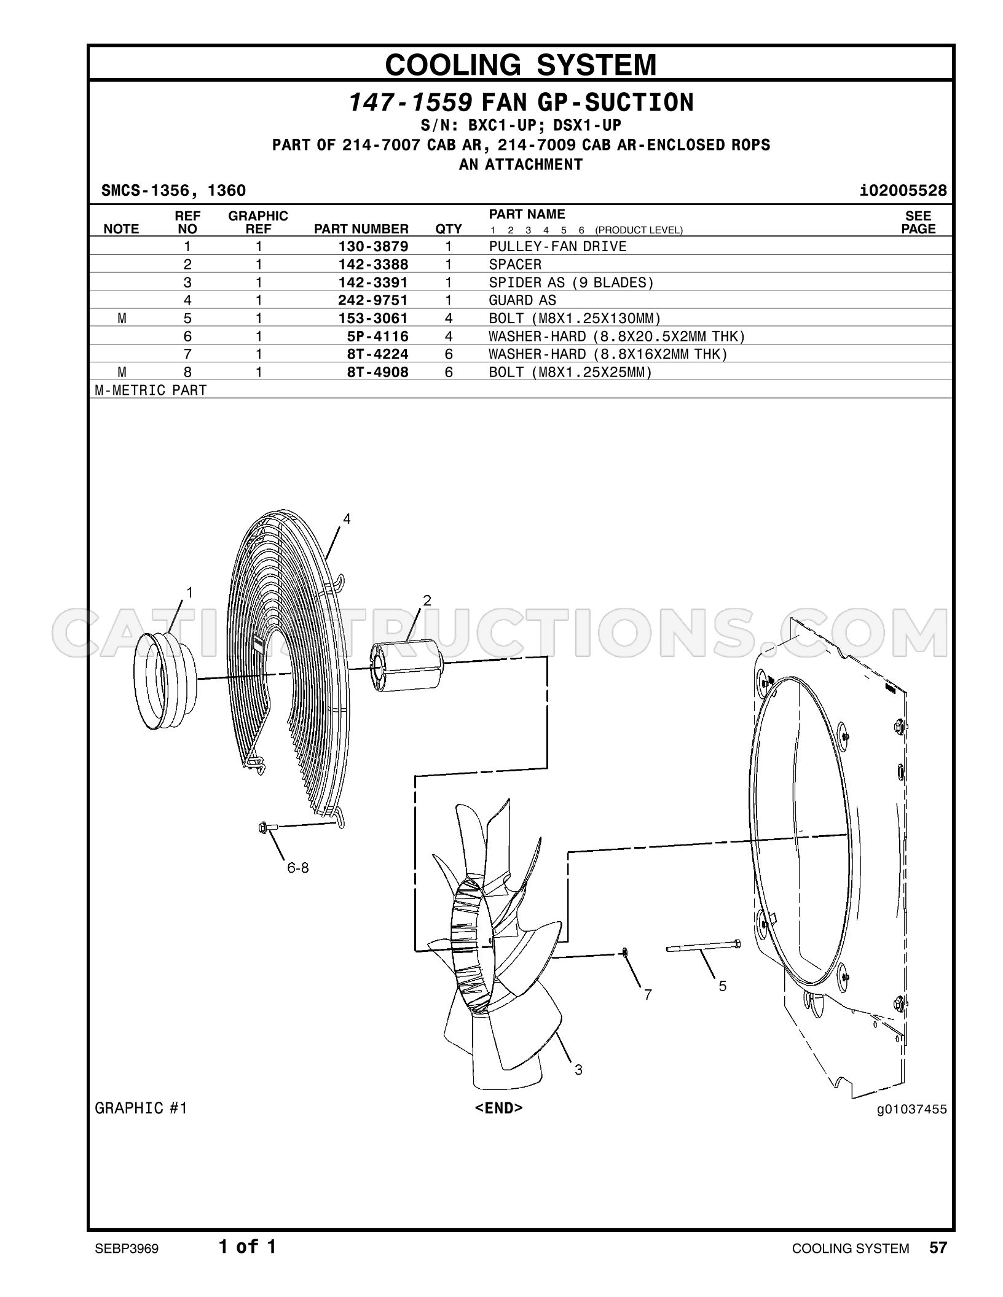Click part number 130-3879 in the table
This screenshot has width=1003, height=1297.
pos(373,246)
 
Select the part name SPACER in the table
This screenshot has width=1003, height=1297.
pos(515,264)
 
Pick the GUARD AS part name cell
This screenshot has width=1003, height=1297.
pos(522,300)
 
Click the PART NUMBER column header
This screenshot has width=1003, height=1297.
pos(361,229)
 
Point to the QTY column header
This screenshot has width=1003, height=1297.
pos(449,229)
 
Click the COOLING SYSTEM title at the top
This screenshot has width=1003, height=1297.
pos(521,64)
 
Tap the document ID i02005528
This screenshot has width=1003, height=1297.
pos(903,190)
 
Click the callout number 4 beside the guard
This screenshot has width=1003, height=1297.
pos(347,519)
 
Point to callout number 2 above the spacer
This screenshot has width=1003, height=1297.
pos(427,601)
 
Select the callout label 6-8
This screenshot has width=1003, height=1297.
pos(298,868)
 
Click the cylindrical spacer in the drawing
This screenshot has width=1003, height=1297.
pos(407,666)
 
